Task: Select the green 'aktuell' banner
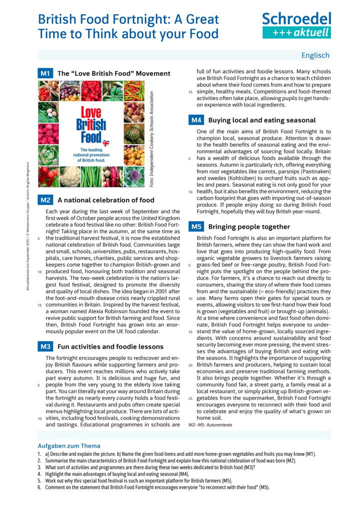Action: pos(296,33)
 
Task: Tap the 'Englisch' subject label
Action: pos(315,56)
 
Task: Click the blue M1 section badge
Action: pos(45,74)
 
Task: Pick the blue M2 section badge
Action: pos(45,200)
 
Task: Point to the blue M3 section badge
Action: pos(45,346)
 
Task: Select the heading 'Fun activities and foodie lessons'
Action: pos(110,346)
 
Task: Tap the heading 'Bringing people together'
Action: pos(249,227)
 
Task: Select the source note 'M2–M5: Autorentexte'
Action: pos(210,424)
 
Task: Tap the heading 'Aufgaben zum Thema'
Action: pos(69,445)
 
